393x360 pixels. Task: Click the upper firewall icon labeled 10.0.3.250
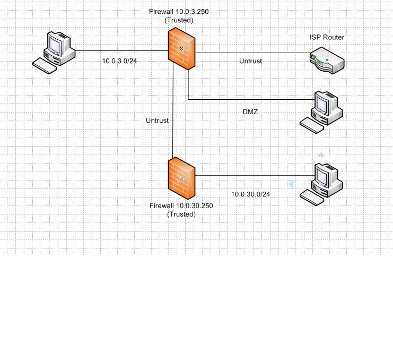click(181, 49)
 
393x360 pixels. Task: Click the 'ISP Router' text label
click(327, 37)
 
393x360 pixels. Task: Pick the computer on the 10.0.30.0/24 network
click(324, 178)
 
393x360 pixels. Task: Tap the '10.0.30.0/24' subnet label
click(250, 194)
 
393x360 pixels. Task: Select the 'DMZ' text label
click(249, 112)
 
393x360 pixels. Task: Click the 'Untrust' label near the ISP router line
click(250, 61)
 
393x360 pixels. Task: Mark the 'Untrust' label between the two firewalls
click(157, 121)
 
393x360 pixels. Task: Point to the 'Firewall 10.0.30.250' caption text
click(181, 205)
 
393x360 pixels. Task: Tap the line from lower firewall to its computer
click(249, 175)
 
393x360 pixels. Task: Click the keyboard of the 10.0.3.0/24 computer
click(45, 66)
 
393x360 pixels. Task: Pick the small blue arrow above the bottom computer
click(320, 154)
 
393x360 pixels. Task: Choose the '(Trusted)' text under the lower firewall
click(181, 214)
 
